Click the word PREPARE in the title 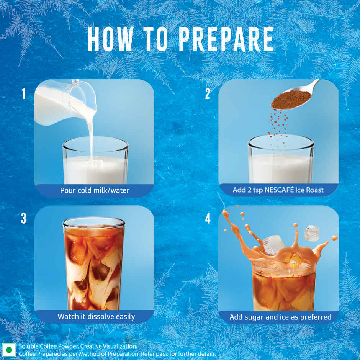point(226,39)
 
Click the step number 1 point(23,93)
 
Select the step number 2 point(208,93)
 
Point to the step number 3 point(23,219)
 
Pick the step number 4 point(208,219)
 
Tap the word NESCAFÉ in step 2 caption point(279,190)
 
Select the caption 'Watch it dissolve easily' point(96,317)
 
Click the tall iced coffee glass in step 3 point(94,264)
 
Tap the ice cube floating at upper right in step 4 point(312,233)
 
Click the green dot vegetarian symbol point(9,350)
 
